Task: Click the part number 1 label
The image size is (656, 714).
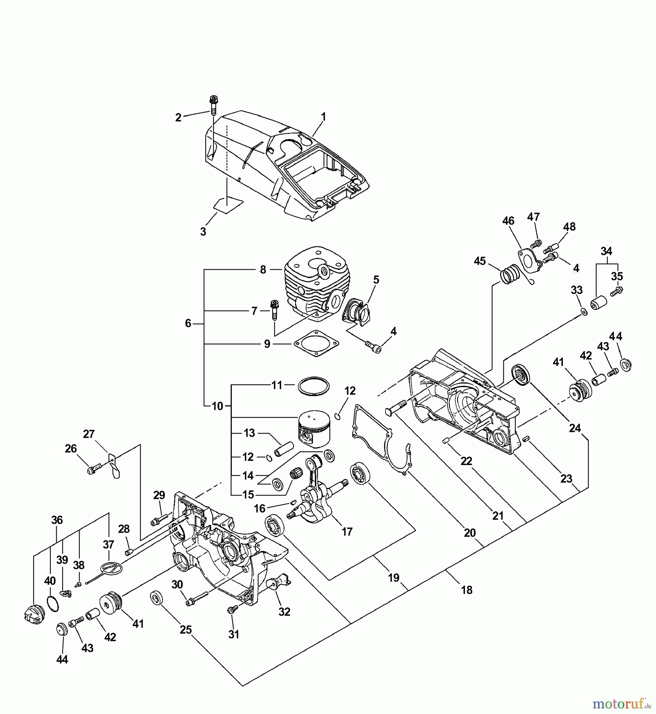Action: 323,117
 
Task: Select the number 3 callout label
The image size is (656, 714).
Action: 203,232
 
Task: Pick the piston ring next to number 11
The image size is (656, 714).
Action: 313,386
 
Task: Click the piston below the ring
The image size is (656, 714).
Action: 315,428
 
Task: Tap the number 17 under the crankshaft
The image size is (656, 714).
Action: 347,532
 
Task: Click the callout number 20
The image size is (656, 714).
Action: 470,533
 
